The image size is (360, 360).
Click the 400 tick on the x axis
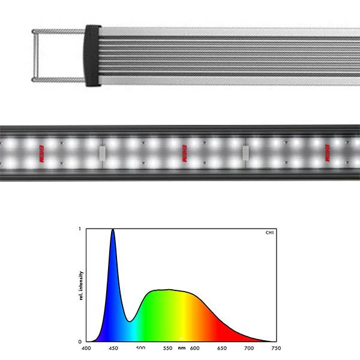86,347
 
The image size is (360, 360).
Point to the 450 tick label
113,347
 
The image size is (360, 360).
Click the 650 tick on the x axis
221,347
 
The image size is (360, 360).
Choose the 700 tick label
248,347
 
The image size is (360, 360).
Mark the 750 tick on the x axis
275,347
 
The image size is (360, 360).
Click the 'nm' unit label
181,347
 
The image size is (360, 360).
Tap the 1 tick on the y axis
81,229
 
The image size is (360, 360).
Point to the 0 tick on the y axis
81,341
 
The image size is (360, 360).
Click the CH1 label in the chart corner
269,233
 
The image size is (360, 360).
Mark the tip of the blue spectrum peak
113,230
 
